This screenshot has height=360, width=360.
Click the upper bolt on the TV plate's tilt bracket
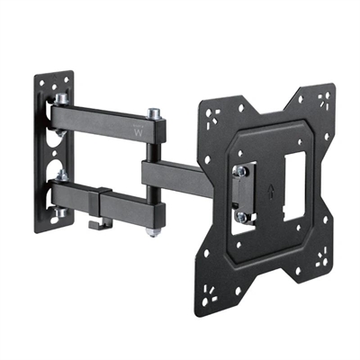click(240, 169)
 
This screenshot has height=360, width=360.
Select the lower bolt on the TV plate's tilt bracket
click(241, 216)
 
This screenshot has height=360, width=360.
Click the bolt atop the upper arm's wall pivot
click(61, 96)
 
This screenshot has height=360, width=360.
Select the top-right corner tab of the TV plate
click(316, 100)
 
